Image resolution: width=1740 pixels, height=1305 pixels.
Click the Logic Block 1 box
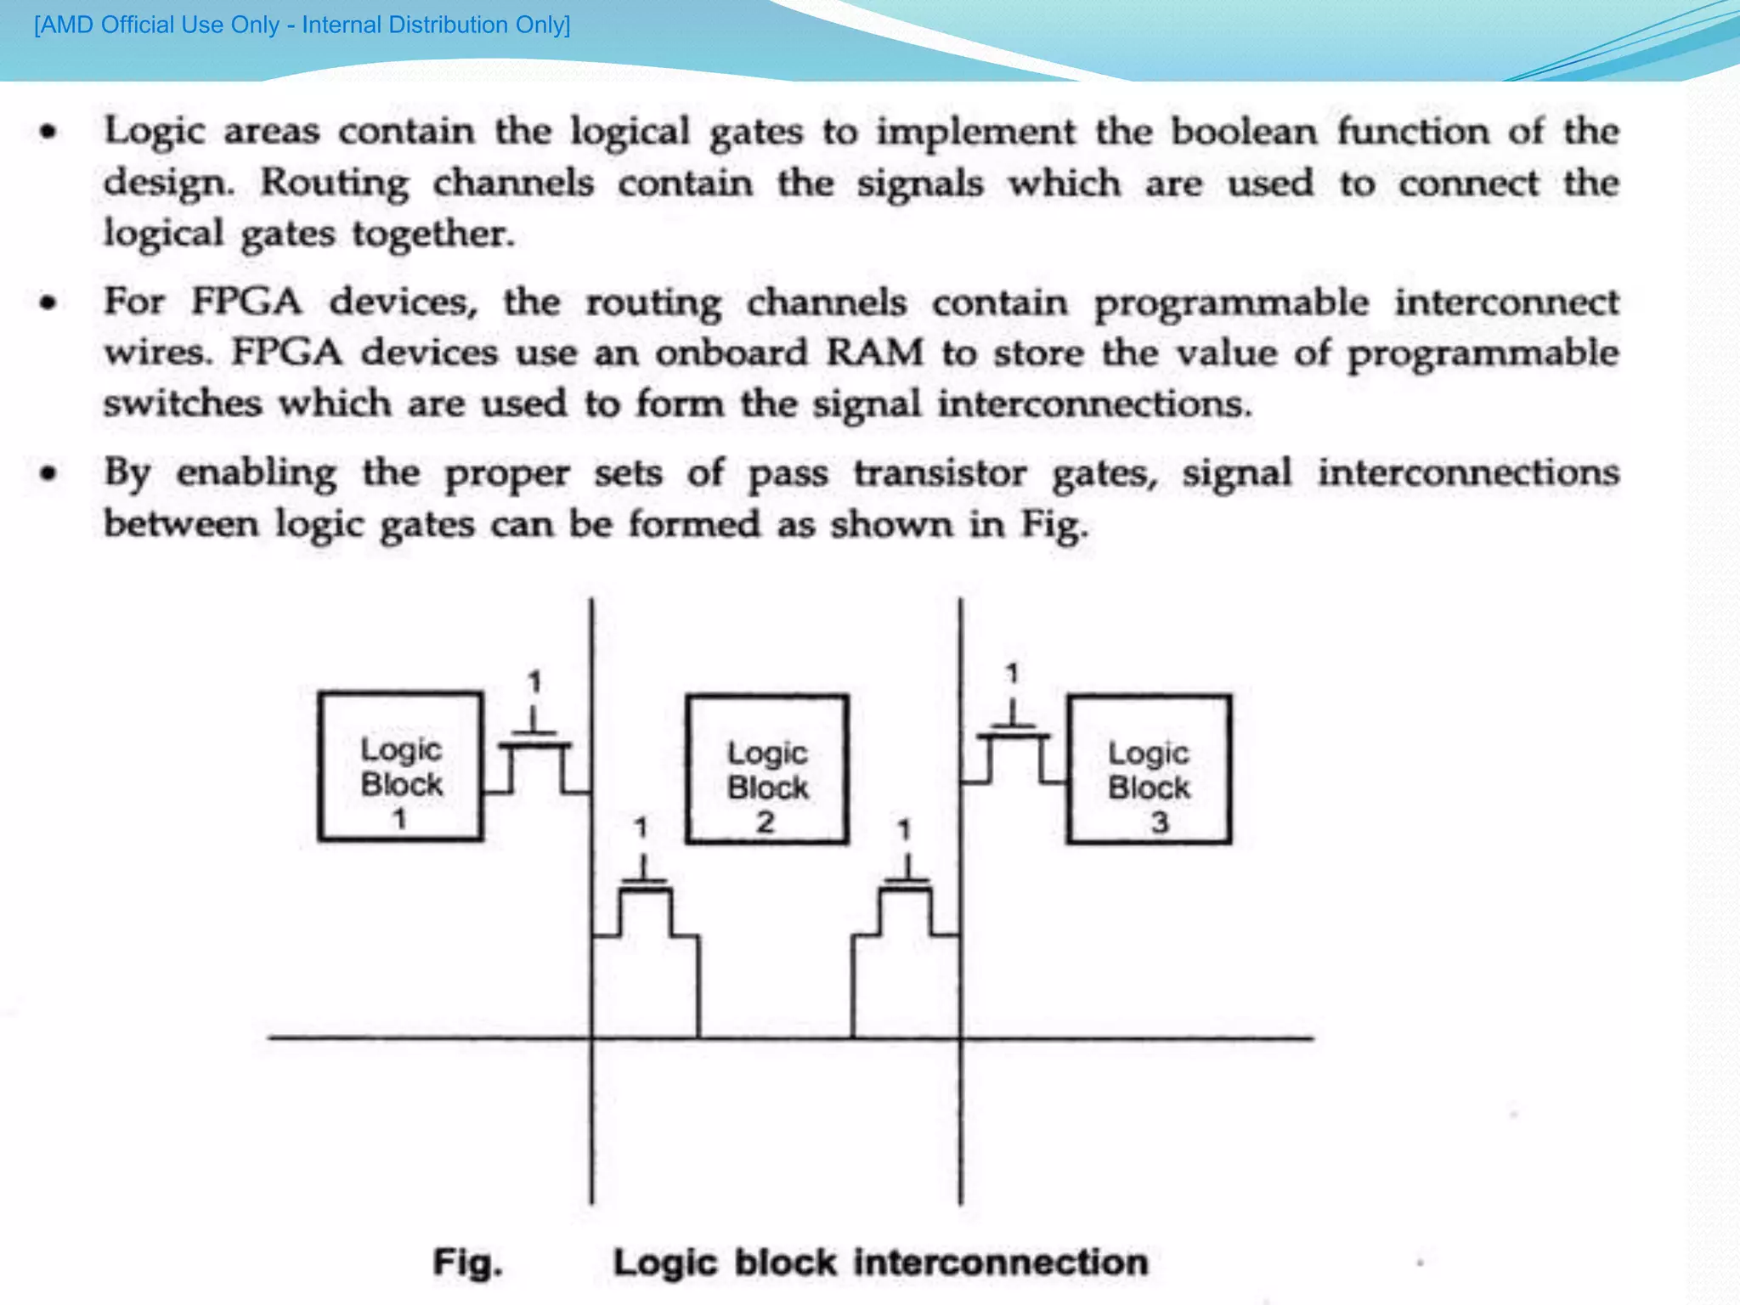click(x=400, y=766)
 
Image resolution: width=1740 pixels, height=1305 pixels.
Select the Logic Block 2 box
click(x=767, y=770)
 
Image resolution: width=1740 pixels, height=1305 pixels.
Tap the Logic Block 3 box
click(x=1149, y=770)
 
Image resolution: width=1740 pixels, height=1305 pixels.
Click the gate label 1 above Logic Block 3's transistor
click(x=1012, y=674)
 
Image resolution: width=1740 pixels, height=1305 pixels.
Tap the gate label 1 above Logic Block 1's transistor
click(x=534, y=681)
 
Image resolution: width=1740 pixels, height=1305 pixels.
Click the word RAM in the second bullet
click(x=875, y=353)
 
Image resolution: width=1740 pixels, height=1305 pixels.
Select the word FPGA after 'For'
click(x=246, y=302)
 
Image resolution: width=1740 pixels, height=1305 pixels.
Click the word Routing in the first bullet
click(x=335, y=184)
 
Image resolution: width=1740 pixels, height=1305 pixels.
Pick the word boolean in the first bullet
click(x=1244, y=132)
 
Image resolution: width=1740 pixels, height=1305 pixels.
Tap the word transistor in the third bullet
click(x=941, y=473)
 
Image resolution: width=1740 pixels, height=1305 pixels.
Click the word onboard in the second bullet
click(x=731, y=353)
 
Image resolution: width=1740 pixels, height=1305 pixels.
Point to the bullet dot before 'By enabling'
click(x=49, y=472)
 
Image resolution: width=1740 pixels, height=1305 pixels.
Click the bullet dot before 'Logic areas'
click(x=49, y=132)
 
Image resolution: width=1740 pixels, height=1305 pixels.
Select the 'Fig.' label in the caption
click(x=468, y=1263)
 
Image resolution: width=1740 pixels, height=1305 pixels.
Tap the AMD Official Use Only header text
click(x=302, y=25)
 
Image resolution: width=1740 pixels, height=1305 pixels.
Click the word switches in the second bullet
click(x=183, y=404)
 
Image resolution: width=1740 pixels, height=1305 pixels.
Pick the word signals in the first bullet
click(x=920, y=184)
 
